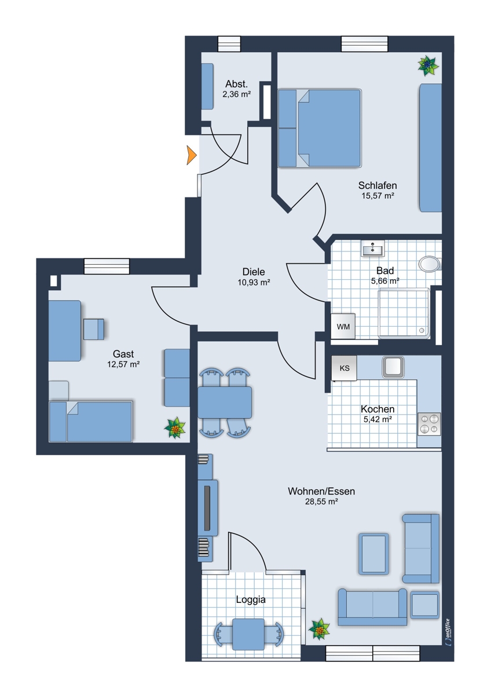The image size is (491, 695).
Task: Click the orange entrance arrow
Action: (190, 155)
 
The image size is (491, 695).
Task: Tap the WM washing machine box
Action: (343, 326)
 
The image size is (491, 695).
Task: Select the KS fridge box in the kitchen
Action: (345, 368)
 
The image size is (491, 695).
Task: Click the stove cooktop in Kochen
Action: (429, 424)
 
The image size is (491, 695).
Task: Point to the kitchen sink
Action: (393, 367)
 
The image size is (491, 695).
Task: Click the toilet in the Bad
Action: (430, 264)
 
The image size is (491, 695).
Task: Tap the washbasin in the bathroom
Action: (372, 248)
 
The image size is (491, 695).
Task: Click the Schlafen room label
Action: (378, 185)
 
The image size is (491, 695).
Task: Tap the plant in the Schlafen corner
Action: (428, 65)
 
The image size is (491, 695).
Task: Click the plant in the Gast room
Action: (175, 427)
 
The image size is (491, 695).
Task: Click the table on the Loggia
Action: (248, 635)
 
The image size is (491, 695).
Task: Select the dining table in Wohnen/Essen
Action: (225, 403)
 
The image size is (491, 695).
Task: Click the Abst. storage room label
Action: (236, 84)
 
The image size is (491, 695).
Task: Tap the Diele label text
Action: (254, 272)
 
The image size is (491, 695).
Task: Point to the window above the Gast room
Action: (107, 266)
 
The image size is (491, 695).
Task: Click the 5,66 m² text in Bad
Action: (385, 281)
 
